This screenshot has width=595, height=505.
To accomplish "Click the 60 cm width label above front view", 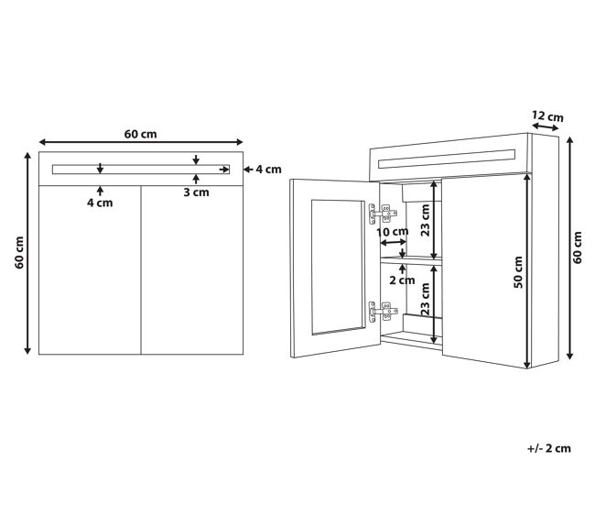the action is click(140, 134).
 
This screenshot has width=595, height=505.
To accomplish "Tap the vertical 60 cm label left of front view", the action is click(19, 253).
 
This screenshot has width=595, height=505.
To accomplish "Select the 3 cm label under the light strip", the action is click(196, 192).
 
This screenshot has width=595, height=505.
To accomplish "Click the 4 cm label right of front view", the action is click(268, 170).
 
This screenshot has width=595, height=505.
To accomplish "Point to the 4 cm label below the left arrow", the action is click(100, 203).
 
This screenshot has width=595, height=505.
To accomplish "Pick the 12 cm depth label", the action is click(547, 116).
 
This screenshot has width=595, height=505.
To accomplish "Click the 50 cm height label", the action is click(518, 272).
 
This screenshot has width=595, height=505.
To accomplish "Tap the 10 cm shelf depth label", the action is click(393, 231).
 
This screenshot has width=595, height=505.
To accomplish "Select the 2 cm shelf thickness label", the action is click(402, 280).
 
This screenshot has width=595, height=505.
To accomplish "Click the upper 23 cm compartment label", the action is click(426, 220).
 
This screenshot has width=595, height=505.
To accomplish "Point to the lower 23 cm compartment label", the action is click(426, 300).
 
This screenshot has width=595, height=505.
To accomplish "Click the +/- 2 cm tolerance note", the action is click(549, 448).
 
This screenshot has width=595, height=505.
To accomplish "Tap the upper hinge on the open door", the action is click(383, 214).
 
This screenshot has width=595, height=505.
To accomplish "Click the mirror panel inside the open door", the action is click(338, 267).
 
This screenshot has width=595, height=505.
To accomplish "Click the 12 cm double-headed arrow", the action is click(546, 127).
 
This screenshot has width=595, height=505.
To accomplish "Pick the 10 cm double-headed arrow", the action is click(393, 242).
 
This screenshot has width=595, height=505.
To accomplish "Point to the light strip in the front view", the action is click(141, 170).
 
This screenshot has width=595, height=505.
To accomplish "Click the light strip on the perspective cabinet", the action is click(447, 159).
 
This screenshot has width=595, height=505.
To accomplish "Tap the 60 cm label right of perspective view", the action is click(578, 247).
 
